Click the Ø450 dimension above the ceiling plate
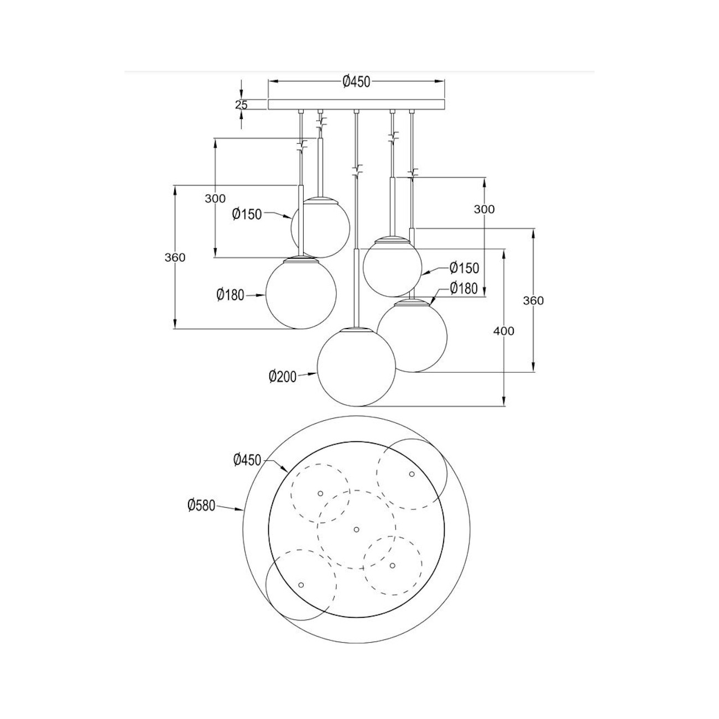point(356,82)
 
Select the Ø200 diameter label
point(283,377)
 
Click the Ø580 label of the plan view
point(201,504)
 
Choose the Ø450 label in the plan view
point(247,459)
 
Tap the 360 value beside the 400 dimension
point(534,300)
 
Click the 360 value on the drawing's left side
point(175,257)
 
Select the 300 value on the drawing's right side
point(484,209)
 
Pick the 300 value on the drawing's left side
point(215,199)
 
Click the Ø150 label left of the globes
point(247,214)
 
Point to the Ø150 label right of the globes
point(463,268)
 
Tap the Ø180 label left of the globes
point(230,295)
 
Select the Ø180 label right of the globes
point(463,288)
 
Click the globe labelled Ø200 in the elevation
point(356,366)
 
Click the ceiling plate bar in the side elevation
point(356,104)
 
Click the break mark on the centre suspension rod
point(357,169)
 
